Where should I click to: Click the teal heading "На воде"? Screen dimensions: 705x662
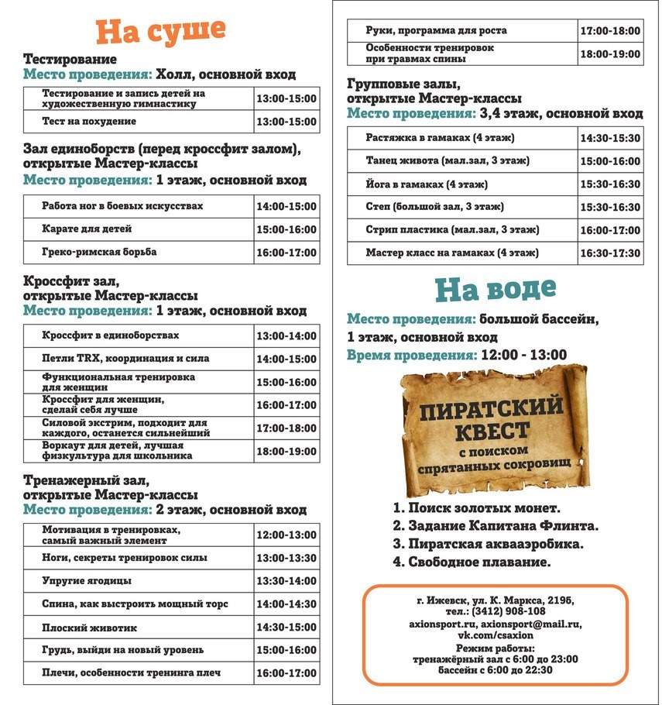point(496,288)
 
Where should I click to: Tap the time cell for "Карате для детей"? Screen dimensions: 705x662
point(286,229)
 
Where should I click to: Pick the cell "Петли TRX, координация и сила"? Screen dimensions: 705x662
point(125,359)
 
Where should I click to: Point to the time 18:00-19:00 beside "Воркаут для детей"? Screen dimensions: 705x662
point(286,451)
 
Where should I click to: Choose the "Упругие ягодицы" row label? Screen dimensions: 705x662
point(87,581)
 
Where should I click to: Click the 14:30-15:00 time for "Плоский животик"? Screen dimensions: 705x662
point(286,627)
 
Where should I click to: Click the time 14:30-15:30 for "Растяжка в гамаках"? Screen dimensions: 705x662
point(610,138)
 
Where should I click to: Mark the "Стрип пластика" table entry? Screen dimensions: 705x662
point(452,230)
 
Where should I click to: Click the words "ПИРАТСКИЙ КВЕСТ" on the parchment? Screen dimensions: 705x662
point(491,418)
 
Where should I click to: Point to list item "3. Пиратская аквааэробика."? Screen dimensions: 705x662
point(488,544)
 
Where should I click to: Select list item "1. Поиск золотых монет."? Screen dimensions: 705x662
point(476,508)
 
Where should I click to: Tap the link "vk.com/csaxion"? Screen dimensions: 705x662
point(495,635)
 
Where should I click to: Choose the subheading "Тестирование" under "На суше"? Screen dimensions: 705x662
point(70,59)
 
